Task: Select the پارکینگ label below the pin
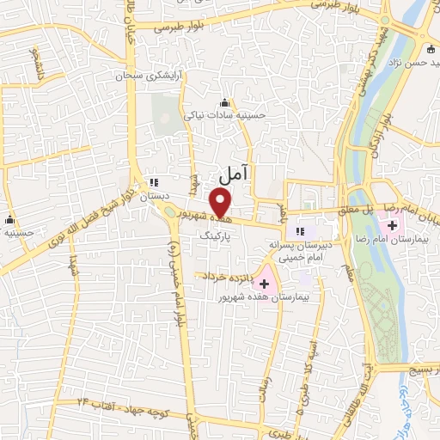point(215,233)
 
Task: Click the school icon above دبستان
point(155,182)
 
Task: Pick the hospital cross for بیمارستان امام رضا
point(391,224)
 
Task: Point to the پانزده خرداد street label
point(226,277)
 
